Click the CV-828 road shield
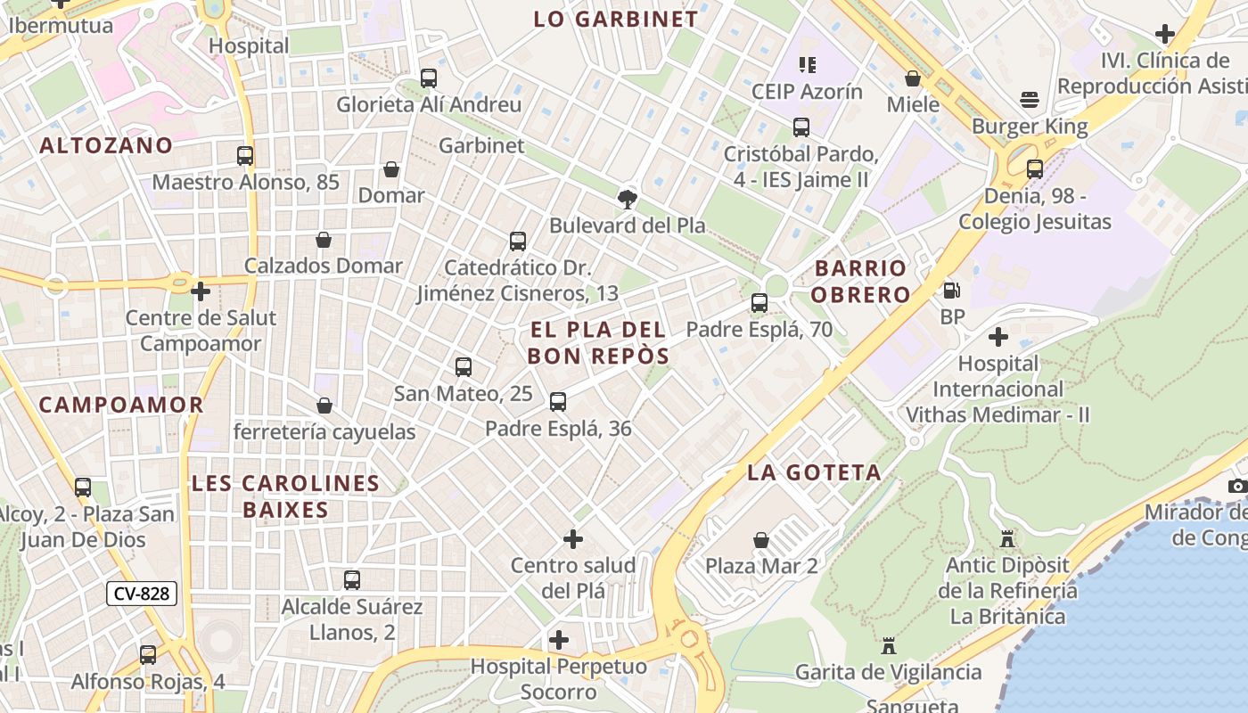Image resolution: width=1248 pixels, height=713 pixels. point(142,594)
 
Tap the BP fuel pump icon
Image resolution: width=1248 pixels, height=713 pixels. point(952,291)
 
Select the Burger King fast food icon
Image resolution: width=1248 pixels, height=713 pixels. point(1030,99)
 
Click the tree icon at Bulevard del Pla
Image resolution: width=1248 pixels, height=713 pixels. point(628,199)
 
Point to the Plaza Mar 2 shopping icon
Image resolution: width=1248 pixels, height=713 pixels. point(761,540)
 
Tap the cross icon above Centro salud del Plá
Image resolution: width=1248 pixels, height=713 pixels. point(573,539)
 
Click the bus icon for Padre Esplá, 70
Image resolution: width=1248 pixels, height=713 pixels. point(759,303)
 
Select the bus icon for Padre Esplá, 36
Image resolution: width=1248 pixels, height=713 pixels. point(558,402)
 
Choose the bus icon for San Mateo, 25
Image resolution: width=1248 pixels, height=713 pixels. point(464,367)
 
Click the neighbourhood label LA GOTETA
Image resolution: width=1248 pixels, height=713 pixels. point(814,472)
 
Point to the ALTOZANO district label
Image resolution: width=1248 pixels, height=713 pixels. point(106,145)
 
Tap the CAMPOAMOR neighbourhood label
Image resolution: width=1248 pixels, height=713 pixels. point(121,405)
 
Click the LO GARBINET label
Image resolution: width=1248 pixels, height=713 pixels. point(615,19)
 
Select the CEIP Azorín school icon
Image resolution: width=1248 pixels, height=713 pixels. point(808,65)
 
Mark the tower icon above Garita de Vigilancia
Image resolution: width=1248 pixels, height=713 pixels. point(889,645)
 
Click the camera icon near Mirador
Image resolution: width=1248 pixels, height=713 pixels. point(1237,486)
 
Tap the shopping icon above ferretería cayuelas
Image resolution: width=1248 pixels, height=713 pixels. point(324,406)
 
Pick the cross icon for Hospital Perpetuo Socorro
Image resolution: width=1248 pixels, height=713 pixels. point(559,640)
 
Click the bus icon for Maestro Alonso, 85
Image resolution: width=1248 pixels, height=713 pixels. point(245,156)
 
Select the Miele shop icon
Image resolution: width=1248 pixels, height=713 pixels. point(913,78)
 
